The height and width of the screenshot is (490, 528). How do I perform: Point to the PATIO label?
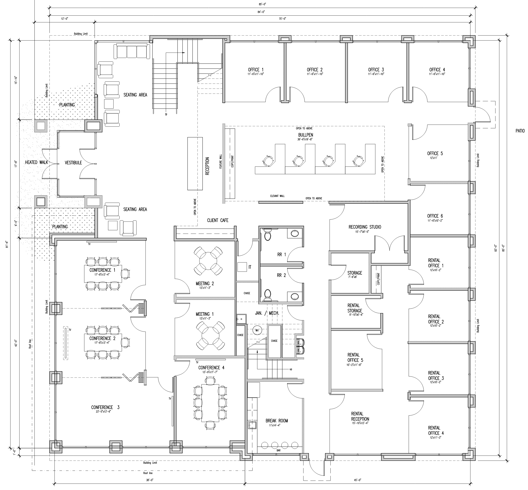520,131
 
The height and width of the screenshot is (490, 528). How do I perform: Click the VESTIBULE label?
73,163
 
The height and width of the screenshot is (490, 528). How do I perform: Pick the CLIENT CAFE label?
217,220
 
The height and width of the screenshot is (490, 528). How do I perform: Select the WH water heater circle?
257,330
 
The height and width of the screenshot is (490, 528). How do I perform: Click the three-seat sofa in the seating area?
131,51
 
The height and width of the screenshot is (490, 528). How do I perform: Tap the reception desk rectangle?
195,164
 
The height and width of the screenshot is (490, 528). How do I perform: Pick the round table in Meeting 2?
208,261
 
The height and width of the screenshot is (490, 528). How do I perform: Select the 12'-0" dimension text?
64,19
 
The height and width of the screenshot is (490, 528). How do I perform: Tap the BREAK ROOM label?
277,421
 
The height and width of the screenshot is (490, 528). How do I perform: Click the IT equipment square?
242,267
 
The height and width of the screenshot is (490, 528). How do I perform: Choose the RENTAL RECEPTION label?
360,416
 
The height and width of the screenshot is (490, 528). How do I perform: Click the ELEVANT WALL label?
277,196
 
